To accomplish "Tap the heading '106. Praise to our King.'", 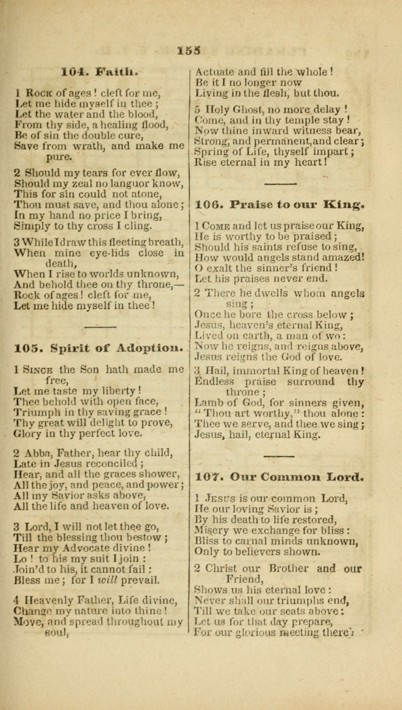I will [x=280, y=204].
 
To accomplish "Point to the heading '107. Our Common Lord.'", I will [x=280, y=476].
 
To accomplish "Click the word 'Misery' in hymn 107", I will [x=212, y=530].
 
